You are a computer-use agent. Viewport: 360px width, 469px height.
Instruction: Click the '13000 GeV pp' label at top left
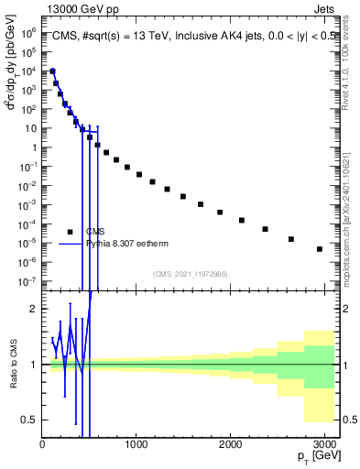coord(77,8)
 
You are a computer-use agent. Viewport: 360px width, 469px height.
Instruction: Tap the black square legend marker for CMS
coord(70,232)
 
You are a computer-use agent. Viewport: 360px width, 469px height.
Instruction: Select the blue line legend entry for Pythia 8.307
coord(70,244)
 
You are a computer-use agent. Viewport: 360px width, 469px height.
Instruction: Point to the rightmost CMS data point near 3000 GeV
coord(319,248)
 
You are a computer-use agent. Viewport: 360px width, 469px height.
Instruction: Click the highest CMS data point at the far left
coord(53,71)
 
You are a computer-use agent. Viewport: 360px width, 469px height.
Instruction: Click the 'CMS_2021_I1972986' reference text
coord(190,274)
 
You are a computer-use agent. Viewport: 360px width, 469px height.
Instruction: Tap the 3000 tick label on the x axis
coord(324,444)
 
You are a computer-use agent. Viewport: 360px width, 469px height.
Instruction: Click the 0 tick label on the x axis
coord(42,444)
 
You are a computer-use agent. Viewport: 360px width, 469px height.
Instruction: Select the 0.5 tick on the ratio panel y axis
coord(30,420)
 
